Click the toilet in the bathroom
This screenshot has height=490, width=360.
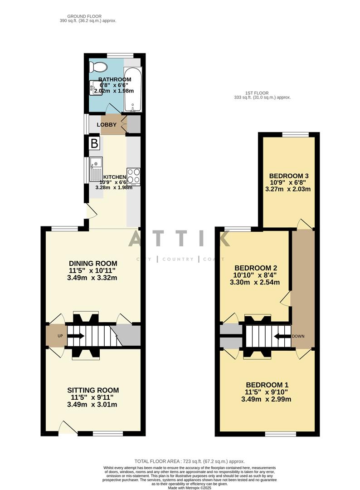pyautogui.click(x=98, y=67)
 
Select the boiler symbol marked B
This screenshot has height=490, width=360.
pyautogui.click(x=94, y=144)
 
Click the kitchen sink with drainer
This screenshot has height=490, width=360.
pyautogui.click(x=96, y=168)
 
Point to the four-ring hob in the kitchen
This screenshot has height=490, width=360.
pyautogui.click(x=133, y=176)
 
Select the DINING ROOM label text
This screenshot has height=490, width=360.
pyautogui.click(x=93, y=263)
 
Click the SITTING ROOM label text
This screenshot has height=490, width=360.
pyautogui.click(x=93, y=390)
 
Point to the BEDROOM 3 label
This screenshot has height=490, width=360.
pyautogui.click(x=289, y=176)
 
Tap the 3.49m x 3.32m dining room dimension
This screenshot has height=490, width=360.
pyautogui.click(x=93, y=278)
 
